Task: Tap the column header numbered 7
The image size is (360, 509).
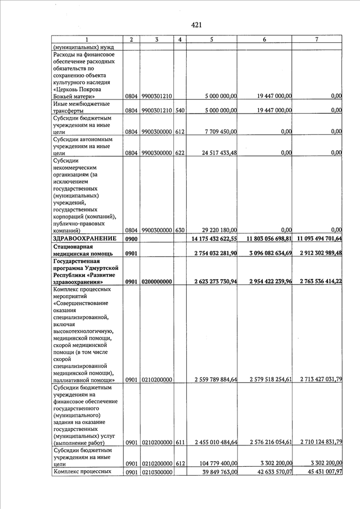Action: point(318,39)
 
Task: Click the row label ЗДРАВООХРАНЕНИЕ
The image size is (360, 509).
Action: point(84,238)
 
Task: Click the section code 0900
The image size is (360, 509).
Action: point(131,238)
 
